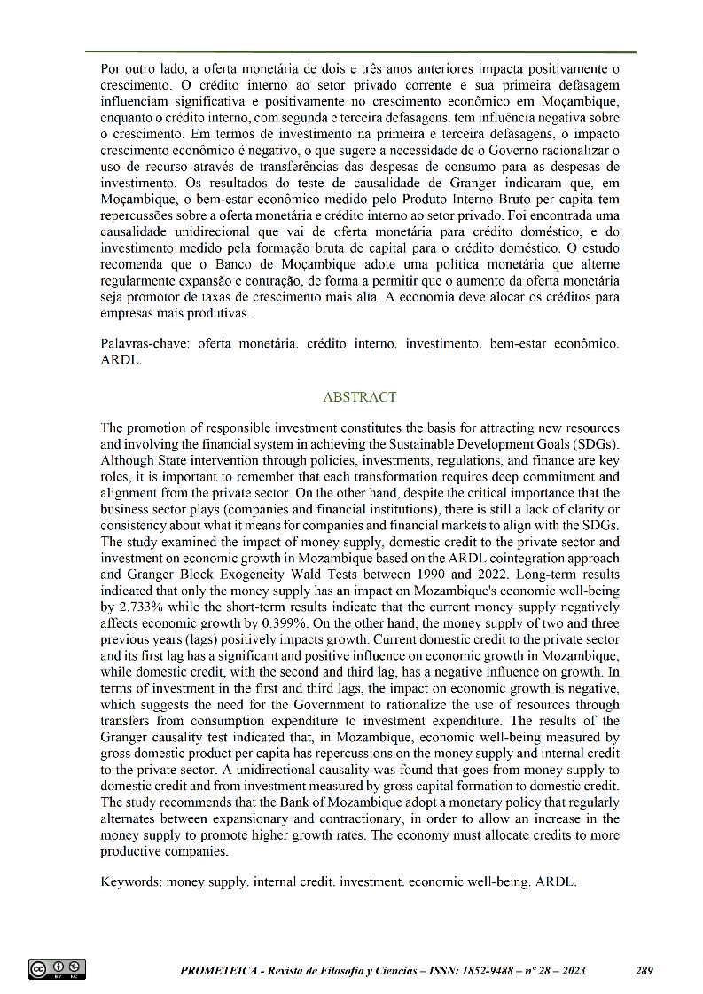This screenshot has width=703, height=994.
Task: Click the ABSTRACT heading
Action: coord(360,397)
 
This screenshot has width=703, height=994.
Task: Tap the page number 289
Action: coord(644,971)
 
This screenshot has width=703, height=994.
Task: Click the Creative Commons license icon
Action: coord(57,969)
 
